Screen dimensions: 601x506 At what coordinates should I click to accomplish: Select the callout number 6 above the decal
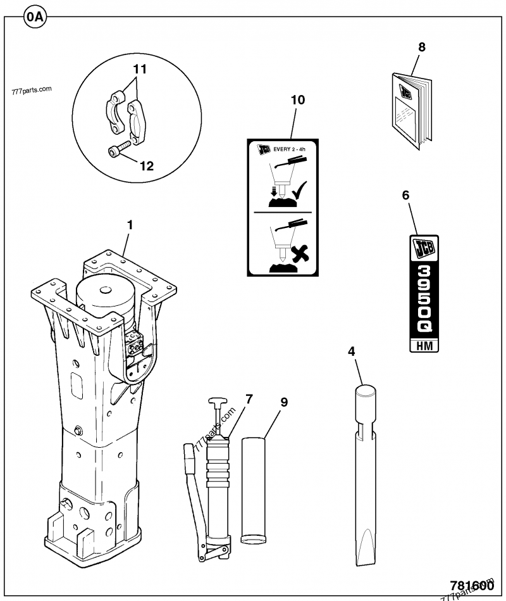coord(405,196)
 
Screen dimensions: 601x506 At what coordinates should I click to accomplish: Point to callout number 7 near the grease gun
coord(249,400)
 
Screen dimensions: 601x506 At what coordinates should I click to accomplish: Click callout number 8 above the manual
coord(422,47)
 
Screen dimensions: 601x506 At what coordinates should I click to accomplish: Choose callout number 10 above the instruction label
coord(297,100)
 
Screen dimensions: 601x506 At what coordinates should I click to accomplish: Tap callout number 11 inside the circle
coord(140,69)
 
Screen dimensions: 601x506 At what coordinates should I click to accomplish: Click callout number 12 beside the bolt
coord(146,167)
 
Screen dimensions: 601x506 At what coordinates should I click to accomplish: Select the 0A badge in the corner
coord(35,17)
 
